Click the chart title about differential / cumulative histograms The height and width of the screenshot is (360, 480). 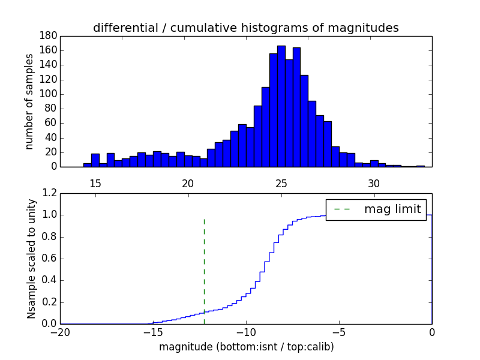245,28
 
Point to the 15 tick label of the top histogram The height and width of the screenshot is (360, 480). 95,184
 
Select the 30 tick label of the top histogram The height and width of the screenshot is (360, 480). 374,184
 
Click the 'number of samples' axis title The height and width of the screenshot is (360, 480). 29,101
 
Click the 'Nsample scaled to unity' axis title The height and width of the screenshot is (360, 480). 31,259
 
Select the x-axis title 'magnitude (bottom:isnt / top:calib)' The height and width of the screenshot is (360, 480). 246,347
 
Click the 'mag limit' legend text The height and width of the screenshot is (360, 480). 392,209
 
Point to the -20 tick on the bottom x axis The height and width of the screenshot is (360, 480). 60,332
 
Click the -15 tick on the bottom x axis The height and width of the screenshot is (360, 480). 153,332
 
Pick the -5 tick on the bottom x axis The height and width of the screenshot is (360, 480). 339,332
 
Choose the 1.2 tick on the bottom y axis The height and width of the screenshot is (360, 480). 49,193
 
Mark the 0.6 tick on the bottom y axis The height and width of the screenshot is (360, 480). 49,259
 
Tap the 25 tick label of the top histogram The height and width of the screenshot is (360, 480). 281,184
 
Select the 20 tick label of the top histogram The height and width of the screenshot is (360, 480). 188,184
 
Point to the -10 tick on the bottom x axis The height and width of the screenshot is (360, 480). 246,332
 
